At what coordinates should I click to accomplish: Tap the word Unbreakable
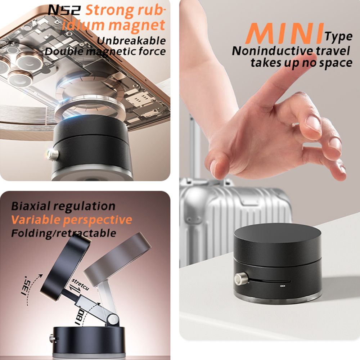[131, 40]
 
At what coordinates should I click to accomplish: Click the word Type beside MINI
[339, 36]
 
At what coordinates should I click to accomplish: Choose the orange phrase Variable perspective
[72, 220]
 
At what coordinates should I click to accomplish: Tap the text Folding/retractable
[63, 233]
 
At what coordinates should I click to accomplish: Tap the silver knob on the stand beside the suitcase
[239, 279]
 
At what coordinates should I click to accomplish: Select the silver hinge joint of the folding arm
[113, 319]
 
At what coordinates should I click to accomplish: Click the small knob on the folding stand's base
[52, 338]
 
